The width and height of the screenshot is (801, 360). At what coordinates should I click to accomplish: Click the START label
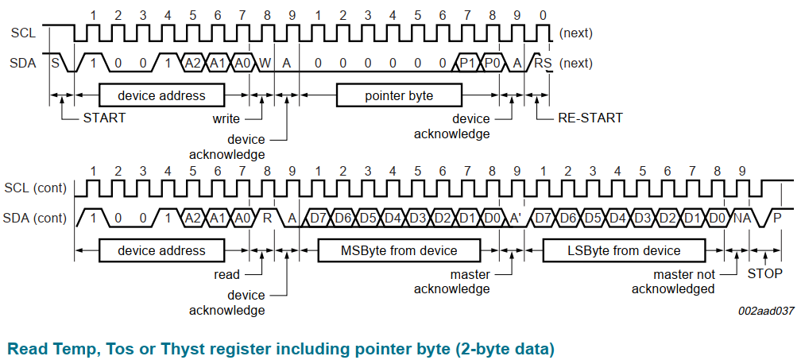pos(104,118)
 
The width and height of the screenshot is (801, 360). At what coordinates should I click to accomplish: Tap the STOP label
pos(765,273)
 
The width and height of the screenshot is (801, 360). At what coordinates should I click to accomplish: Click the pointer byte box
pos(399,95)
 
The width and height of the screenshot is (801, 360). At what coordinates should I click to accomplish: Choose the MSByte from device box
pos(399,251)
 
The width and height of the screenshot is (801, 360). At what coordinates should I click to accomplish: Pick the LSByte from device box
pos(624,251)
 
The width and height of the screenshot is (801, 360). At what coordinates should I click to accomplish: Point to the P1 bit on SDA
pos(467,62)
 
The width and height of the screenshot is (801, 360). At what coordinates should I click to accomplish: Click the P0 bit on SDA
pos(492,62)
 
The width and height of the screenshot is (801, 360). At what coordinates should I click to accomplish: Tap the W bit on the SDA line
pos(265,62)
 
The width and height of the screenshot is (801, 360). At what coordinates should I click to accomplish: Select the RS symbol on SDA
pos(543,62)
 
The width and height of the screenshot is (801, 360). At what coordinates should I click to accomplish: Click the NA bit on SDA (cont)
pos(742,218)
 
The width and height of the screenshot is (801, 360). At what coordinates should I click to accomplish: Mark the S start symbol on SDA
pos(56,62)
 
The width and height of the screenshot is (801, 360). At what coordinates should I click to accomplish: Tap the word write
pos(226,118)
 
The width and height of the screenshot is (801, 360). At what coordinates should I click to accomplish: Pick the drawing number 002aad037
pos(766,312)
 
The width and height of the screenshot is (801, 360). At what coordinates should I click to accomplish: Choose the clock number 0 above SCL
pos(543,15)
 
